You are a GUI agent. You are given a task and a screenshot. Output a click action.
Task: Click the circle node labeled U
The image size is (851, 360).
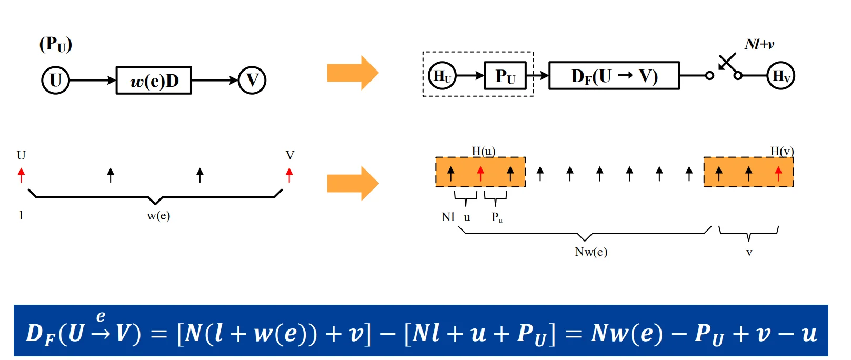tap(55, 81)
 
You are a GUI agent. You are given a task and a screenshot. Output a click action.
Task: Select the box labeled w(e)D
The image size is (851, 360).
tap(154, 81)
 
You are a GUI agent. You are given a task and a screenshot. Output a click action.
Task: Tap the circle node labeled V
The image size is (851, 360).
tap(252, 81)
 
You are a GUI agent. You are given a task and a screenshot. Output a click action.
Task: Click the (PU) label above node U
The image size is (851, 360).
tap(55, 45)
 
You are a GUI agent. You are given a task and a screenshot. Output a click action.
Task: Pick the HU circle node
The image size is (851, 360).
tap(442, 76)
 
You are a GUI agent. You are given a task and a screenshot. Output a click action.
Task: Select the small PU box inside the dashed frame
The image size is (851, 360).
tap(505, 76)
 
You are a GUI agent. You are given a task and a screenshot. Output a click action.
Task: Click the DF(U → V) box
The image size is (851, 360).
tap(614, 76)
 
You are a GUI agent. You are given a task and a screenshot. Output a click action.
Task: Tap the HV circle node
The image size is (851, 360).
tap(780, 76)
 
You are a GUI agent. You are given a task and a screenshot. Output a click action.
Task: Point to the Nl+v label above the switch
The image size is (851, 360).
tap(759, 44)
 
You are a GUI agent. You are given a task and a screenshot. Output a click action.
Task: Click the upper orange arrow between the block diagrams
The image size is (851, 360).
tap(353, 73)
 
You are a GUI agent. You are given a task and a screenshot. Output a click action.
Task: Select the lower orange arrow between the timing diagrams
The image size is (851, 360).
tap(353, 183)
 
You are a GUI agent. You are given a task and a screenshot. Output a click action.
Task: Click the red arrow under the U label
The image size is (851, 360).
tap(21, 175)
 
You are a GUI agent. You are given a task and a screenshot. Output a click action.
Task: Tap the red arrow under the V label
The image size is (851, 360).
tap(289, 175)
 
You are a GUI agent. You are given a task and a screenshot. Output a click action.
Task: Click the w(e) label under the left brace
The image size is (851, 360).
tap(158, 216)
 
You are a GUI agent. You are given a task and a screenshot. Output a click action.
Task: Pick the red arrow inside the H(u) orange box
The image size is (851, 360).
tap(480, 174)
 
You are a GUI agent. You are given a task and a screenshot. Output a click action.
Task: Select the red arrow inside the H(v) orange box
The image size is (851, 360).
tap(778, 174)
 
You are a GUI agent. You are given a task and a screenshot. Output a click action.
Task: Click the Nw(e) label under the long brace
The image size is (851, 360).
tap(591, 252)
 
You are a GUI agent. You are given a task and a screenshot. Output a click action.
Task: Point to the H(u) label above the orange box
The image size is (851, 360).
tap(484, 151)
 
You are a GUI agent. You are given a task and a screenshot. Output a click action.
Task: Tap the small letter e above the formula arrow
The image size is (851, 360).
tap(101, 316)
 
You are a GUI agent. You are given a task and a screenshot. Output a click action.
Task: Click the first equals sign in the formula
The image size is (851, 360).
tap(159, 334)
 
